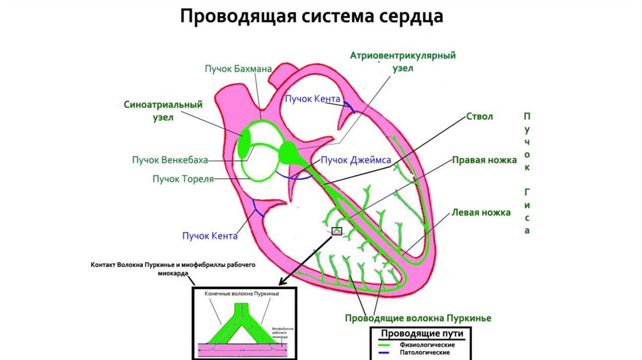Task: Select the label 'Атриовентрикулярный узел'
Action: [403, 62]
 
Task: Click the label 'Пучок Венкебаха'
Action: [169, 160]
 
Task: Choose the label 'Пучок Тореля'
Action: [183, 179]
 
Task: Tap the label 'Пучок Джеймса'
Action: [355, 160]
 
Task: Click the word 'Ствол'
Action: [480, 117]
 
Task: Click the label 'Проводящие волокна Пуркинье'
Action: [418, 318]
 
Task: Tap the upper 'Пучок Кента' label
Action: [312, 99]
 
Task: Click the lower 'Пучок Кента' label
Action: [209, 236]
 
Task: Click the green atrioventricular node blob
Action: [289, 151]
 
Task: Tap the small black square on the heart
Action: [337, 231]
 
